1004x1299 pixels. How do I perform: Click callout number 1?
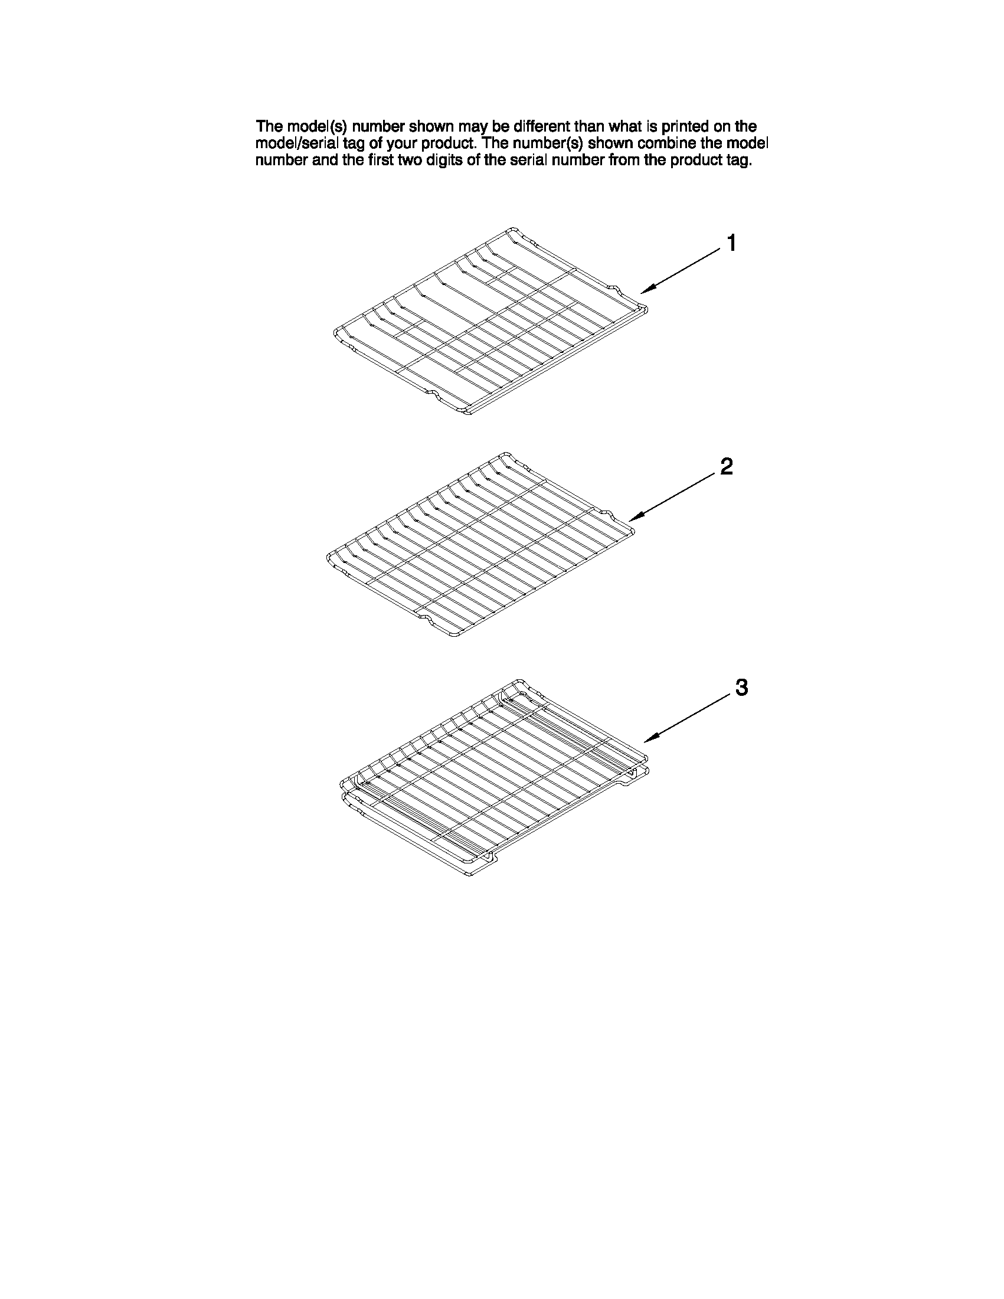(x=731, y=243)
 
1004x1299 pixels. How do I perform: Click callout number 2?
(x=726, y=467)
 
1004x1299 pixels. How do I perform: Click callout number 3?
(x=741, y=688)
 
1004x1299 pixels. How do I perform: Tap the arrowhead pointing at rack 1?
(x=645, y=291)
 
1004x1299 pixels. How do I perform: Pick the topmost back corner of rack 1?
(x=513, y=228)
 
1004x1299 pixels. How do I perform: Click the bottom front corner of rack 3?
(x=470, y=878)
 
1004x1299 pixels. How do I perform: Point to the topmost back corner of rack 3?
(x=519, y=680)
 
